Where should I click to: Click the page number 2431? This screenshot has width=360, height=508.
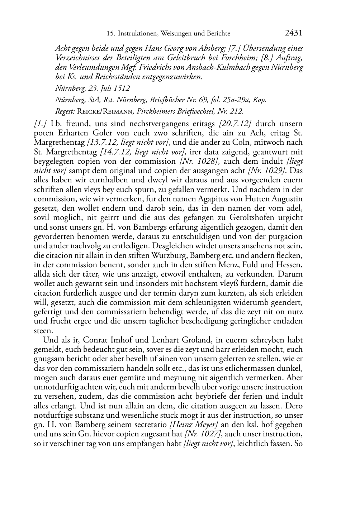click(x=294, y=33)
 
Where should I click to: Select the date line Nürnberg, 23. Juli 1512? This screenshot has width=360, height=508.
click(x=92, y=88)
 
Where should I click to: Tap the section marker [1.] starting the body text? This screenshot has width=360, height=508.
click(x=41, y=124)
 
